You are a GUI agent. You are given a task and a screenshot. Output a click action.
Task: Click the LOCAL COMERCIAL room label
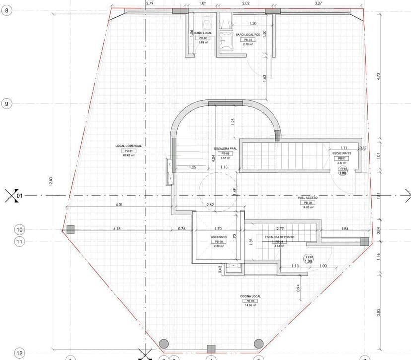pos(129,146)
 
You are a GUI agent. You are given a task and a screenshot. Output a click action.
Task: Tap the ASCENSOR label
pos(219,237)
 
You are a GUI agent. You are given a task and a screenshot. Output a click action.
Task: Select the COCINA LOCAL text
pos(250,296)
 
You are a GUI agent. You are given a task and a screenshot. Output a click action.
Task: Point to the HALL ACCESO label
pos(308,197)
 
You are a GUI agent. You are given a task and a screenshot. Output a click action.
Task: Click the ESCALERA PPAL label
pos(226,149)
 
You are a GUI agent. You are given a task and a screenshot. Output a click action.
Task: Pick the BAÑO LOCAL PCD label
pos(248,34)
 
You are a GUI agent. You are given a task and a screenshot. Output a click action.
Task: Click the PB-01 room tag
pos(129,151)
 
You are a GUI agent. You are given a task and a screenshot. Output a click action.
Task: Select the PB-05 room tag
pos(250,301)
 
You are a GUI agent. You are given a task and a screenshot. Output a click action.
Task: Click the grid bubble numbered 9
pos(7,104)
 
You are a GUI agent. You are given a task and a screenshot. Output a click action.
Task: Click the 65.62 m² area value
pos(129,155)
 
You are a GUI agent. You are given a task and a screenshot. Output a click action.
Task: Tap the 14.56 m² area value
pos(250,305)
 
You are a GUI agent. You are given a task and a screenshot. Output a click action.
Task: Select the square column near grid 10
pos(70,229)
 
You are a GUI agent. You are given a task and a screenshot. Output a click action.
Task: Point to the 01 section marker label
pos(20,196)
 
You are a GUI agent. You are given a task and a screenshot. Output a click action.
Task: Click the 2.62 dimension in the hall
pos(211,204)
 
